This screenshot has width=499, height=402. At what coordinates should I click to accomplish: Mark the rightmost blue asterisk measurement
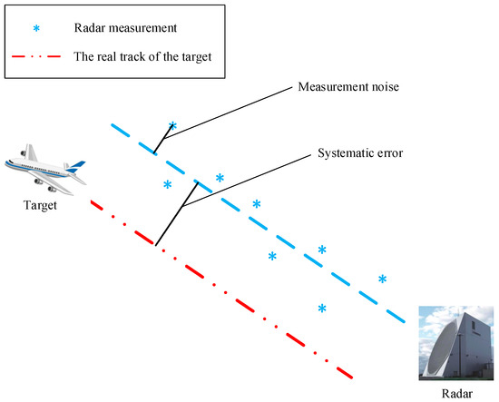[382, 279]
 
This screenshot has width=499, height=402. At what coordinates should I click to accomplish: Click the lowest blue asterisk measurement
[322, 309]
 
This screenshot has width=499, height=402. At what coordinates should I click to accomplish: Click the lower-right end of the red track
[350, 375]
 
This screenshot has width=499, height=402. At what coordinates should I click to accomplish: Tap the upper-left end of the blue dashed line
[112, 125]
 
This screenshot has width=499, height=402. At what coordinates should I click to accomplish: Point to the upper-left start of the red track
[92, 203]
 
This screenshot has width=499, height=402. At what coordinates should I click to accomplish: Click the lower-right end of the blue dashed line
[404, 321]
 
